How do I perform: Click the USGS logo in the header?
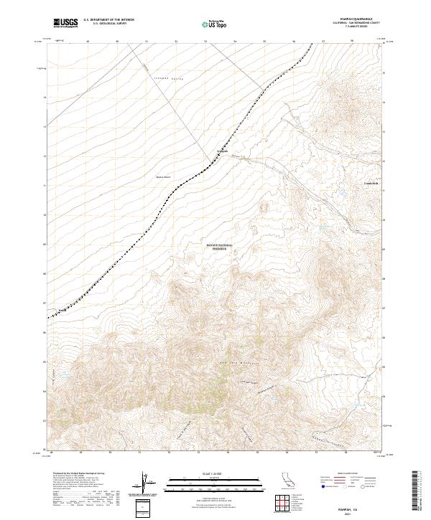click(67, 24)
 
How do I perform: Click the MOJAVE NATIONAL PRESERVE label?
click(221, 246)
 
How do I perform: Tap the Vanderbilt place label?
click(371, 183)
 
